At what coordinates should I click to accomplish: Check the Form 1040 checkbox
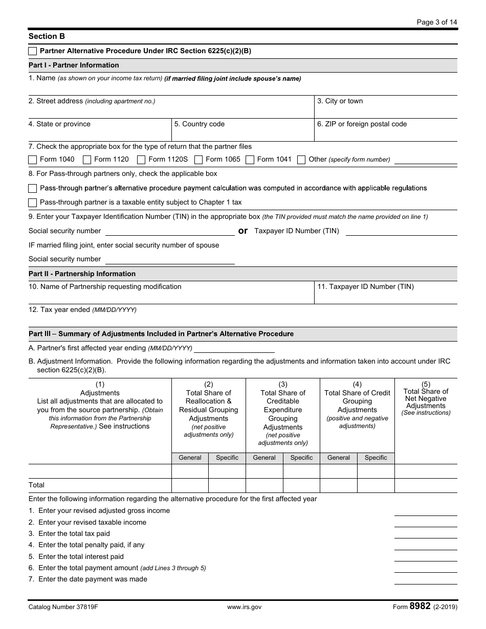[x=33, y=160]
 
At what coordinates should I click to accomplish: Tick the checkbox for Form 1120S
[x=141, y=160]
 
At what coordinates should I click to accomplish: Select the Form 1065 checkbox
[x=198, y=160]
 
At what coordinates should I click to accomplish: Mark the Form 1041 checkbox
[x=250, y=160]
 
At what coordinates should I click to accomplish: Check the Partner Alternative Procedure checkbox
[x=33, y=51]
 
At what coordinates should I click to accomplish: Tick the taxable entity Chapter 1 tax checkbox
[x=33, y=203]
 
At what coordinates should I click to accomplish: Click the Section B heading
[x=47, y=36]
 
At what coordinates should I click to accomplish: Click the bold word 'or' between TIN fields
[x=243, y=231]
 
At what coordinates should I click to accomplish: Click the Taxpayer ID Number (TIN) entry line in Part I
[x=401, y=231]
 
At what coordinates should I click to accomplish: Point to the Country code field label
[x=200, y=124]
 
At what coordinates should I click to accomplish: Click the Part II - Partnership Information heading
[x=82, y=274]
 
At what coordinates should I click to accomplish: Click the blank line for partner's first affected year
[x=234, y=349]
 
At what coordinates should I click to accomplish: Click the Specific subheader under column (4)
[x=375, y=458]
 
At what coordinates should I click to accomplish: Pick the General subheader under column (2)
[x=190, y=458]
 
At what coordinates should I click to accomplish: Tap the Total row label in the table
[x=36, y=485]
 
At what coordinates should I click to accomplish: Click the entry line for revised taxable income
[x=425, y=523]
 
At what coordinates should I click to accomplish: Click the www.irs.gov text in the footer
[x=244, y=607]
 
